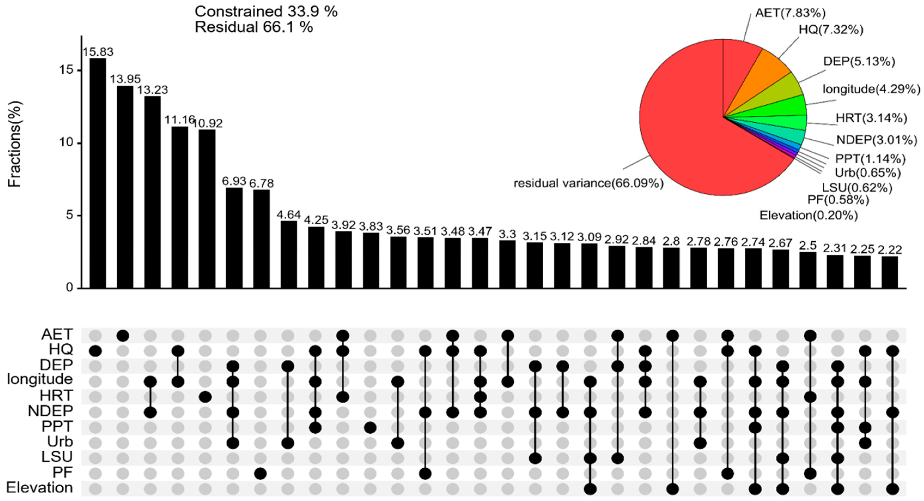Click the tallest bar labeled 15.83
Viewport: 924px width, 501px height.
click(97, 173)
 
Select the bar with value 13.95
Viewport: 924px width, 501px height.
click(125, 187)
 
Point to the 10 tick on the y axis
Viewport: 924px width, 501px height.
click(67, 143)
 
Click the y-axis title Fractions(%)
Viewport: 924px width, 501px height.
click(15, 144)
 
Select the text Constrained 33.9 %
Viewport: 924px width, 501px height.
click(266, 11)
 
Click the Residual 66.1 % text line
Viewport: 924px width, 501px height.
click(254, 27)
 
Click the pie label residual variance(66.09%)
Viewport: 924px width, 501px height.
click(588, 184)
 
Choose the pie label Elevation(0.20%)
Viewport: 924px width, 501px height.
click(809, 215)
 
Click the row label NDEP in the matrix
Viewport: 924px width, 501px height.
click(50, 411)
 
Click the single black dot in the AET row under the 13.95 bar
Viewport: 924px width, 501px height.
click(123, 336)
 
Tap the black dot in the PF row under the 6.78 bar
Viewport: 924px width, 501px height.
click(260, 474)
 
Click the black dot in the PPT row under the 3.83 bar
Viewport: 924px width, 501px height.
click(370, 428)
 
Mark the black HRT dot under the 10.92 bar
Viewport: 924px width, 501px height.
click(205, 397)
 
